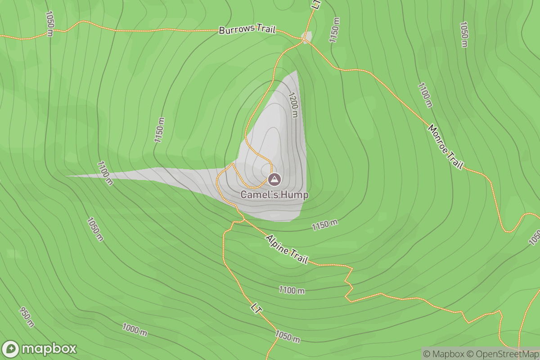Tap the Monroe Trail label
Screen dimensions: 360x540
445,147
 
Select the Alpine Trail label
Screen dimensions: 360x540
287,249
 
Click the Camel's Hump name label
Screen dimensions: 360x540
274,195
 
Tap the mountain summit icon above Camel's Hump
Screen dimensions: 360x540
274,180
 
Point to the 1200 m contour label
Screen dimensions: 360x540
293,105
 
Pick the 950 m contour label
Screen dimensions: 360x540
26,317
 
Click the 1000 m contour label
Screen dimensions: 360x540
135,330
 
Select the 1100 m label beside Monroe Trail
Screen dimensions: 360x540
425,95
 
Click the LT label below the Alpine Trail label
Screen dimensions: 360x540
256,309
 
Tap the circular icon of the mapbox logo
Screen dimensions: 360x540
11,349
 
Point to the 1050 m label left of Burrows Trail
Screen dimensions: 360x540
49,23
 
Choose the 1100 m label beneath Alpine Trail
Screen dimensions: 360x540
291,290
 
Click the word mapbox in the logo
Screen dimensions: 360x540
49,349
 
